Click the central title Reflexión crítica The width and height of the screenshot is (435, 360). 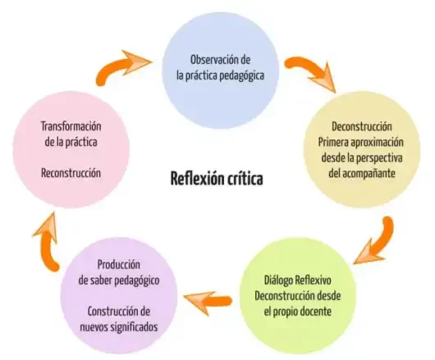pos(217,178)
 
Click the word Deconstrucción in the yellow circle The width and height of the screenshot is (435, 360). pos(362,127)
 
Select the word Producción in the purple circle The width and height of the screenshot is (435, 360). pos(118,265)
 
